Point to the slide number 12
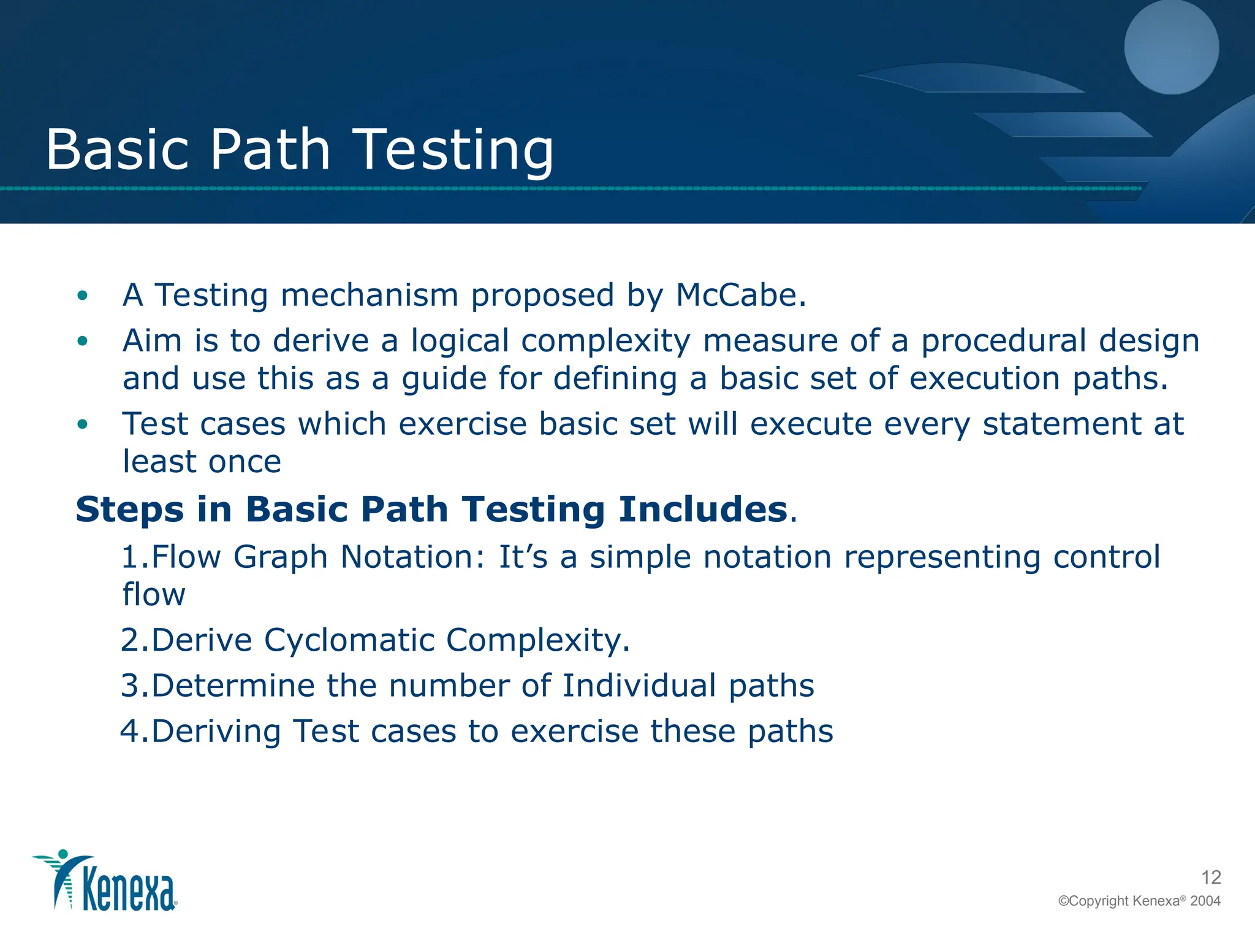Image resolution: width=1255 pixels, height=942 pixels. pyautogui.click(x=1211, y=877)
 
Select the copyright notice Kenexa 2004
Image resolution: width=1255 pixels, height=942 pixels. pyautogui.click(x=1139, y=901)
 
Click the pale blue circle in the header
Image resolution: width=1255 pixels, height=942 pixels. pyautogui.click(x=1171, y=47)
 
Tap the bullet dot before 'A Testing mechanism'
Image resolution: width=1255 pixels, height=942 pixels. pyautogui.click(x=83, y=296)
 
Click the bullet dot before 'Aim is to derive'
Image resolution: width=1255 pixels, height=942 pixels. pyautogui.click(x=83, y=342)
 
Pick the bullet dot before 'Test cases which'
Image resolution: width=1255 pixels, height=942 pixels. pyautogui.click(x=83, y=424)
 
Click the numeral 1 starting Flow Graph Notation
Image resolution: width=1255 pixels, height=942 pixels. pyautogui.click(x=130, y=557)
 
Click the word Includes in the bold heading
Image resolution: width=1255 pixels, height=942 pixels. pyautogui.click(x=702, y=510)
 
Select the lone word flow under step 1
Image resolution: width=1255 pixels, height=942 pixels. pyautogui.click(x=154, y=594)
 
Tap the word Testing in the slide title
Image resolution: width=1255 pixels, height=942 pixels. pyautogui.click(x=454, y=150)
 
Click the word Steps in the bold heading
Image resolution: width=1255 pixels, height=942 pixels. pyautogui.click(x=129, y=511)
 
